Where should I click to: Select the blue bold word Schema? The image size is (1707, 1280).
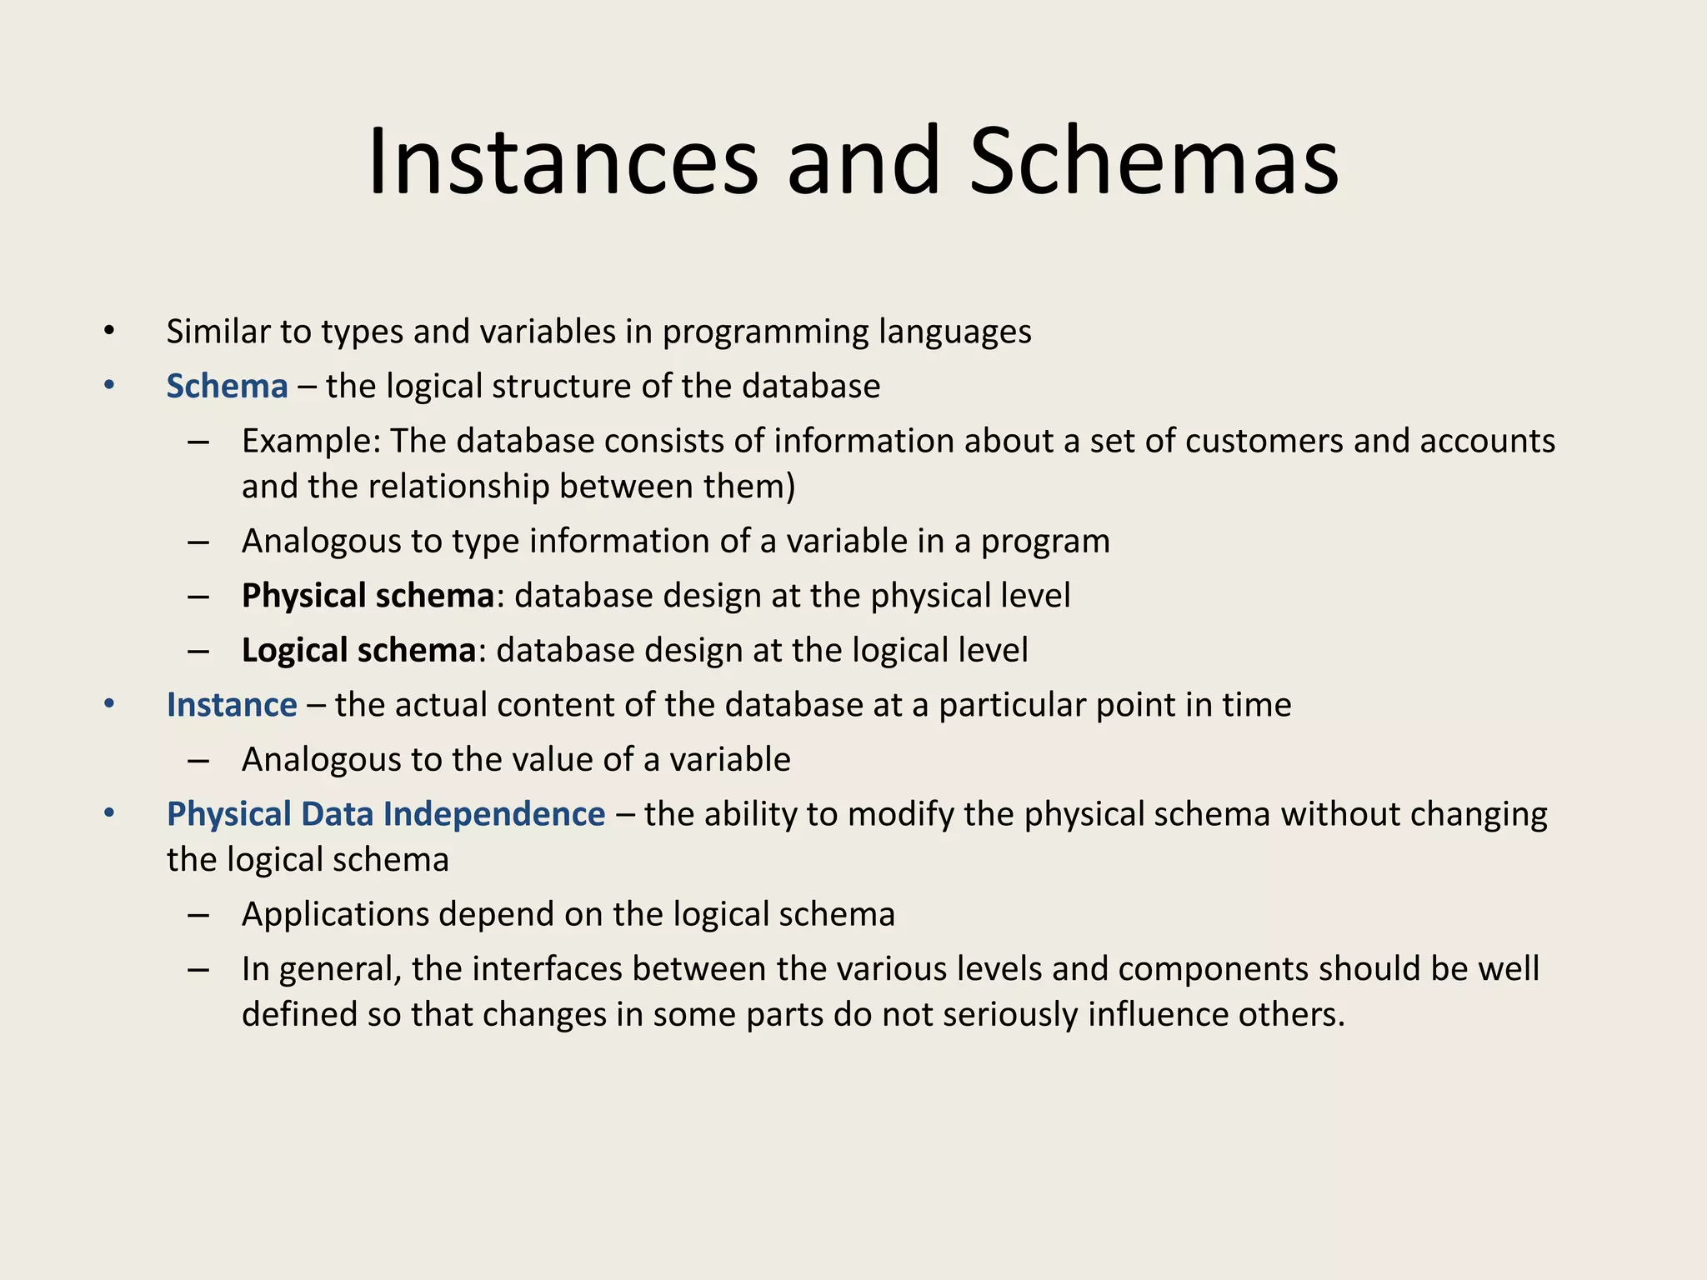[227, 387]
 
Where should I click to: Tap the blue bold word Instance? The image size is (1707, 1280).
[232, 705]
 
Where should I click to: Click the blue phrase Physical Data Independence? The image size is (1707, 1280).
[386, 814]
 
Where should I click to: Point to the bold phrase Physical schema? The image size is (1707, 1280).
[368, 596]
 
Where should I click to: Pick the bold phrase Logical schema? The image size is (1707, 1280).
[358, 651]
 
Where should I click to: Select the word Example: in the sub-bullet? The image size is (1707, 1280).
[311, 441]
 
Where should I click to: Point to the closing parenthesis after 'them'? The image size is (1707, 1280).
[790, 487]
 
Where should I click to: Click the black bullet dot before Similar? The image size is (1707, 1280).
[108, 332]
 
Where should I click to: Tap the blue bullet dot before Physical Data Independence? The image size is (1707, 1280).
[108, 812]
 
